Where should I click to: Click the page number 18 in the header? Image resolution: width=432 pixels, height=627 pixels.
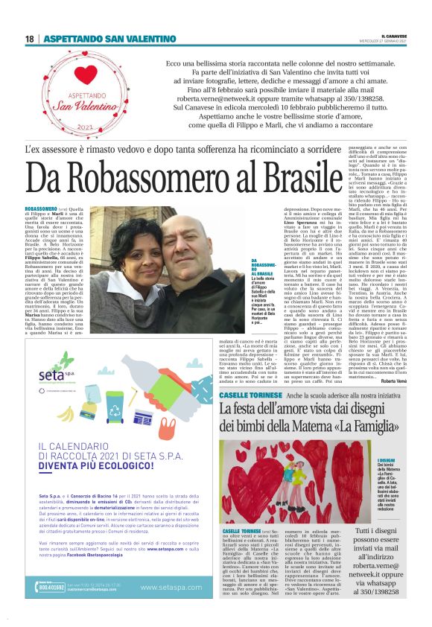(30, 39)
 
